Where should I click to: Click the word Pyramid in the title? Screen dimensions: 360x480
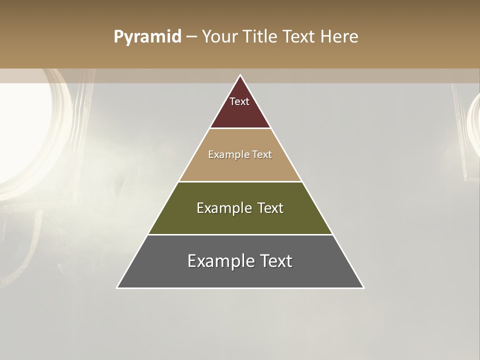[x=147, y=37]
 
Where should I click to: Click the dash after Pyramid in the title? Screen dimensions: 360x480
[x=191, y=37]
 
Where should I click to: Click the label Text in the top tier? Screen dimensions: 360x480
[x=239, y=101]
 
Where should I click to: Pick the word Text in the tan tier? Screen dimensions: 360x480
[x=262, y=154]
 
